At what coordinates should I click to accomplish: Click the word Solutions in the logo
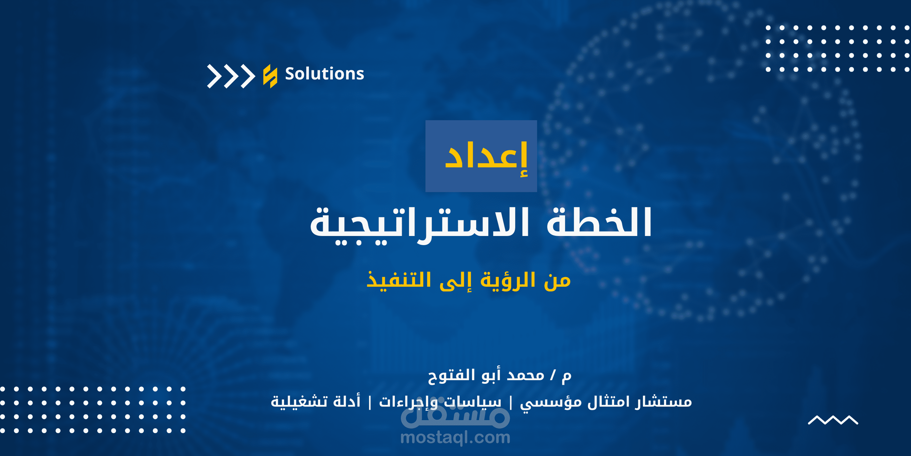point(324,74)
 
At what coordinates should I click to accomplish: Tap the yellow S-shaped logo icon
point(270,76)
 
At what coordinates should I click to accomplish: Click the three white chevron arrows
point(231,76)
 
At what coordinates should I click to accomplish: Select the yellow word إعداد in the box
point(486,156)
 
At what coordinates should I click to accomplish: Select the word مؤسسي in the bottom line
point(551,403)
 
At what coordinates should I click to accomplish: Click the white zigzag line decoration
point(833,420)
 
